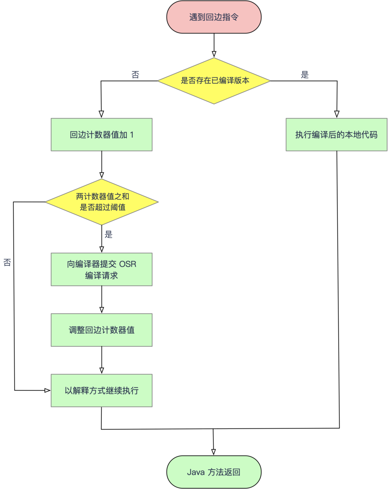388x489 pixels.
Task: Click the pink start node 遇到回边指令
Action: (x=214, y=17)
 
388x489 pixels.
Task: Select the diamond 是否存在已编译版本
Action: (x=214, y=81)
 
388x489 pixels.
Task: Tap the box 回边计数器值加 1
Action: (x=101, y=134)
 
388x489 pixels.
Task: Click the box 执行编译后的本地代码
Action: (x=336, y=134)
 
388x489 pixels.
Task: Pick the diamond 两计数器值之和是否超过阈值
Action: (x=101, y=202)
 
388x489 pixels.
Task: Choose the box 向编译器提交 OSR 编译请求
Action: (x=101, y=269)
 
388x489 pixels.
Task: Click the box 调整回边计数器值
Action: (x=101, y=330)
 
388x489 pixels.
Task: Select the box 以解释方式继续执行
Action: (x=101, y=390)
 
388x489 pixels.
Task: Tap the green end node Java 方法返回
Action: (x=214, y=472)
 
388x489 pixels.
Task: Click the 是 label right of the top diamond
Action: (x=305, y=75)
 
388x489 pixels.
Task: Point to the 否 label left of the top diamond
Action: (x=135, y=75)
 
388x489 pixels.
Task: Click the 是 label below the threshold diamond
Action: (x=108, y=235)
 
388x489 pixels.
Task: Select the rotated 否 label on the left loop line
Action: (x=7, y=262)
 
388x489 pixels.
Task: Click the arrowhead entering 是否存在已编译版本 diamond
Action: (x=214, y=54)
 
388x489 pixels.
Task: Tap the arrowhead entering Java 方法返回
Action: (x=214, y=452)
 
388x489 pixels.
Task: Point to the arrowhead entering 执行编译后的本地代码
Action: (x=337, y=114)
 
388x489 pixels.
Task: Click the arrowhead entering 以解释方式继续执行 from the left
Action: (x=47, y=390)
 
